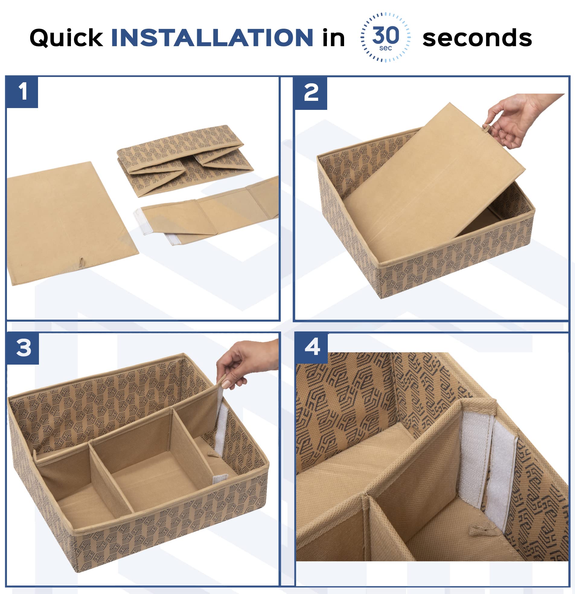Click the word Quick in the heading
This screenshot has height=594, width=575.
[66, 38]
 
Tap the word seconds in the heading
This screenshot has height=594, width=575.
[477, 38]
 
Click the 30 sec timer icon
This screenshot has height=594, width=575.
[385, 37]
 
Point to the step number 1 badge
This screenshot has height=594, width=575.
[22, 92]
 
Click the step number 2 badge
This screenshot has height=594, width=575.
[311, 93]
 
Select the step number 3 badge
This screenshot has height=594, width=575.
[23, 348]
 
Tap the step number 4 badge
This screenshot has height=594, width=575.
[312, 348]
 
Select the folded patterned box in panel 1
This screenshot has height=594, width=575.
[185, 161]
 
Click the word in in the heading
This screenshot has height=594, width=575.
[334, 38]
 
